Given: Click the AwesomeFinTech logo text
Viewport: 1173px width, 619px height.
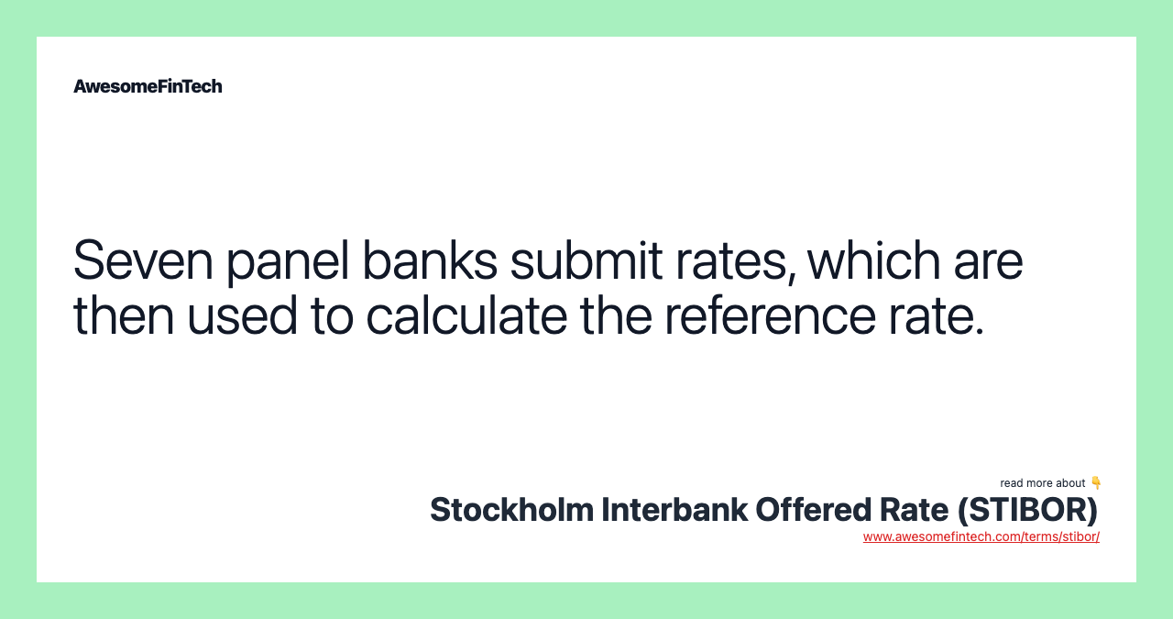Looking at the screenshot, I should (148, 86).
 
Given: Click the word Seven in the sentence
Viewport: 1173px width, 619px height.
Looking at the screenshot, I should (142, 260).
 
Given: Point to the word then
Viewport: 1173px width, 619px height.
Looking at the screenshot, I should (123, 315).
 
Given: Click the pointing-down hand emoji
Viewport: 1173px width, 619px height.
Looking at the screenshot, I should (1095, 482).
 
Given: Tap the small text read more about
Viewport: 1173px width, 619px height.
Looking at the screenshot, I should (1043, 483).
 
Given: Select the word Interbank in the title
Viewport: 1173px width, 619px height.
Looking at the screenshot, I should (674, 510).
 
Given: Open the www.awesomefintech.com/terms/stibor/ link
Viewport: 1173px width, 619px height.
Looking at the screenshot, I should (981, 536).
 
